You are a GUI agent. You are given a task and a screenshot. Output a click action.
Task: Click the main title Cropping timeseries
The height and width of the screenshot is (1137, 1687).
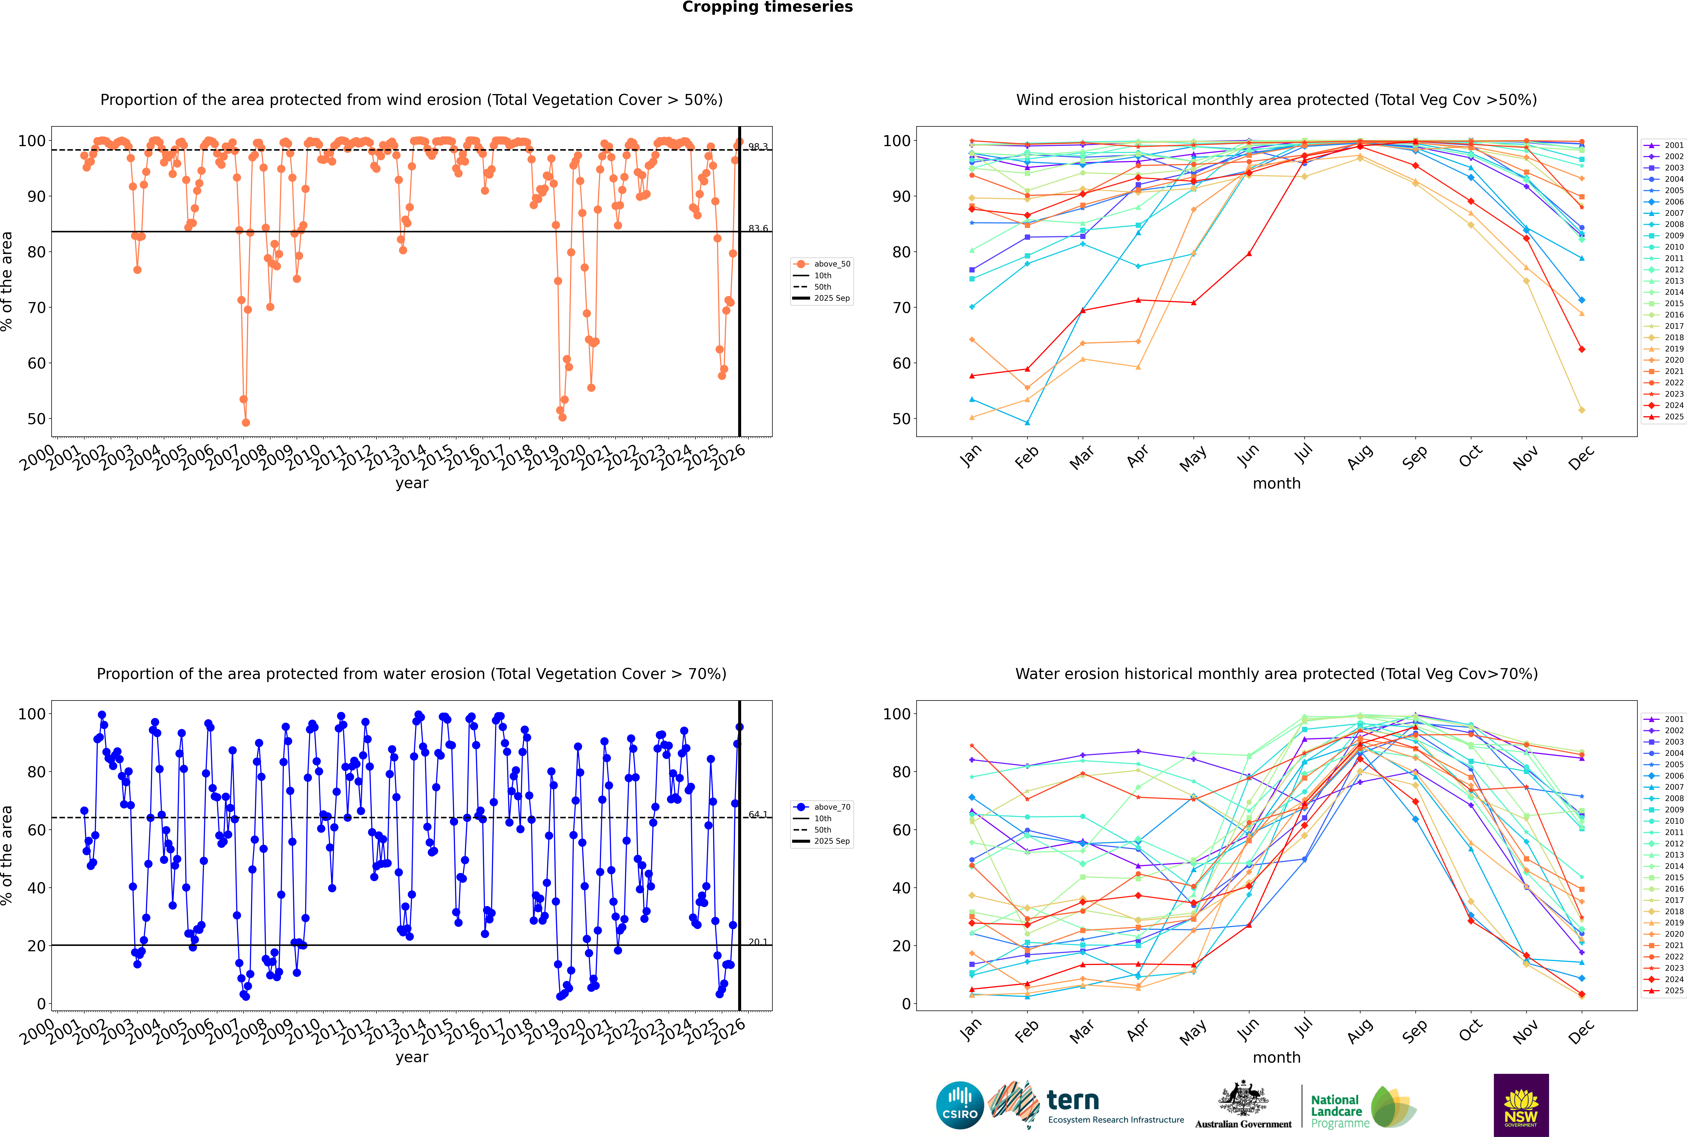pyautogui.click(x=767, y=7)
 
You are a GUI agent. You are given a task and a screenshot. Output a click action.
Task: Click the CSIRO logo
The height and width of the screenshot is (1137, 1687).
pyautogui.click(x=960, y=1105)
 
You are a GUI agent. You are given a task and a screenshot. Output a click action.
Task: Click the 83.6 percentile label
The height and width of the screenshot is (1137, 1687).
pyautogui.click(x=758, y=228)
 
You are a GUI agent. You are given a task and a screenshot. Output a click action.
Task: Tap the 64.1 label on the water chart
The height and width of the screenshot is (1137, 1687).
pyautogui.click(x=758, y=814)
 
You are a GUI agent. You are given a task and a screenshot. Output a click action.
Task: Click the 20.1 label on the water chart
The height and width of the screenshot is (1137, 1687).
pyautogui.click(x=758, y=942)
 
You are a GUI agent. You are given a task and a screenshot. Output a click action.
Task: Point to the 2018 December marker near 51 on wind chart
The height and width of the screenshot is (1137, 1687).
pyautogui.click(x=1582, y=410)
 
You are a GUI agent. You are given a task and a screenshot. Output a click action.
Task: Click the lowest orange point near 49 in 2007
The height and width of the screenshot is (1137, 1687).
pyautogui.click(x=246, y=423)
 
